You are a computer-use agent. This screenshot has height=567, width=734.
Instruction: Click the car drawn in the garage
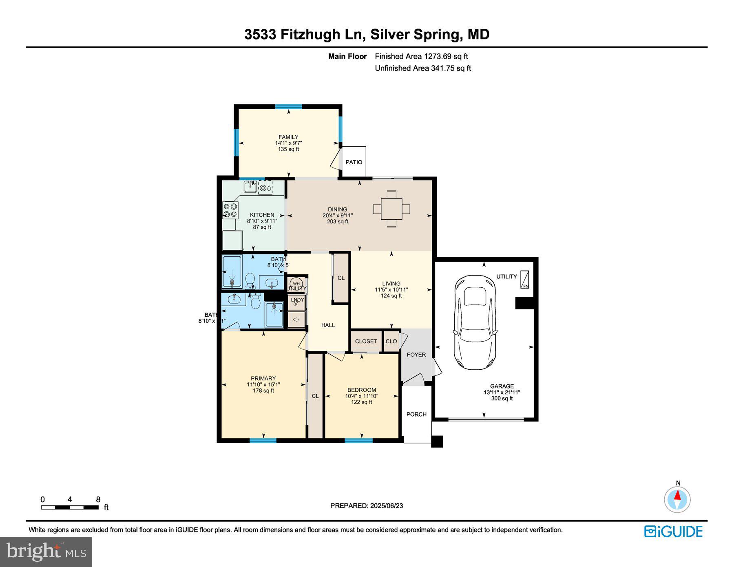pyautogui.click(x=475, y=322)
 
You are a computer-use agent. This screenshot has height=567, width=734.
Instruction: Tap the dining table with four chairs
pyautogui.click(x=391, y=209)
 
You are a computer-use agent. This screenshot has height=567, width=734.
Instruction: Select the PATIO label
pyautogui.click(x=354, y=162)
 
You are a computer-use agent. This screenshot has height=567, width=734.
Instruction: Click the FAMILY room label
pyautogui.click(x=288, y=137)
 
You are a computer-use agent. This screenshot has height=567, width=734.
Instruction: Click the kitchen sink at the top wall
pyautogui.click(x=250, y=187)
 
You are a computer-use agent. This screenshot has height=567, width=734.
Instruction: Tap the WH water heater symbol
pyautogui.click(x=296, y=283)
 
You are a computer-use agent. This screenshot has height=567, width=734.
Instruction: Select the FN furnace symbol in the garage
pyautogui.click(x=525, y=280)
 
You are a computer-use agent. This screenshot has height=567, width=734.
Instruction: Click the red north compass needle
pyautogui.click(x=677, y=495)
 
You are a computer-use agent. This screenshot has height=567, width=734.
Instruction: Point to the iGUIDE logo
pyautogui.click(x=673, y=532)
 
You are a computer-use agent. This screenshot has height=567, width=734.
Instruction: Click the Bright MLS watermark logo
pyautogui.click(x=46, y=552)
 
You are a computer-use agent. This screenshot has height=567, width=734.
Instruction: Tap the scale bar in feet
pyautogui.click(x=70, y=507)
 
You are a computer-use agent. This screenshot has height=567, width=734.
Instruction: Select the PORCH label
pyautogui.click(x=416, y=414)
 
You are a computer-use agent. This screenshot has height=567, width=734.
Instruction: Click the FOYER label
pyautogui.click(x=416, y=355)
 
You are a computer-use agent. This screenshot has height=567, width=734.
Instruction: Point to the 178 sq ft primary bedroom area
pyautogui.click(x=263, y=391)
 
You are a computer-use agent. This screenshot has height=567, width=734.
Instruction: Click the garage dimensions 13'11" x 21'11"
pyautogui.click(x=502, y=392)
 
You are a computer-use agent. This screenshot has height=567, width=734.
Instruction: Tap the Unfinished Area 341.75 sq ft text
pyautogui.click(x=423, y=68)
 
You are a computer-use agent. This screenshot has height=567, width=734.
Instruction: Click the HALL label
pyautogui.click(x=328, y=325)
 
